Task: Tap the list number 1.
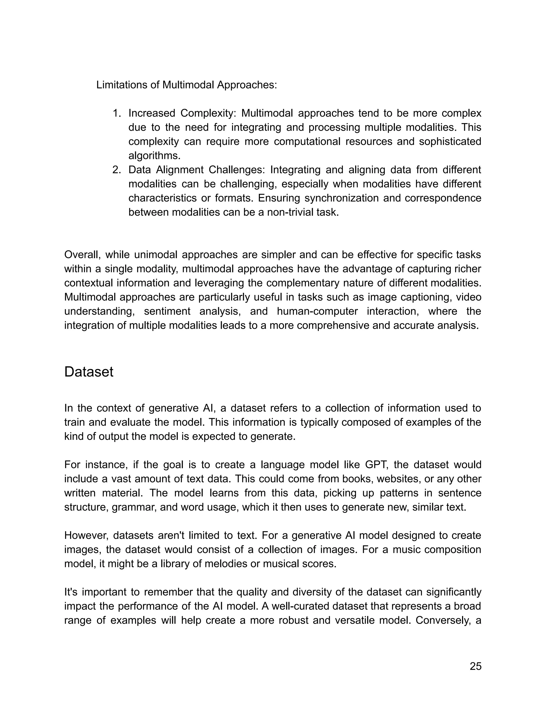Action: click(x=117, y=113)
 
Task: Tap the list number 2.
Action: click(x=117, y=170)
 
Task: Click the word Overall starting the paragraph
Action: click(x=82, y=255)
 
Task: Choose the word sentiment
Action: click(x=167, y=311)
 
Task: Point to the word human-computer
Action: click(x=317, y=311)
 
